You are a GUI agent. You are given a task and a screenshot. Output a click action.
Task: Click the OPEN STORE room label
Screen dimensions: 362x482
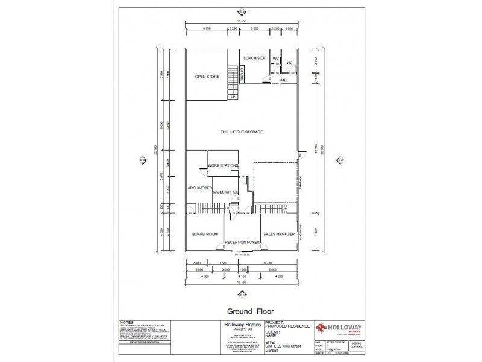[x=207, y=77]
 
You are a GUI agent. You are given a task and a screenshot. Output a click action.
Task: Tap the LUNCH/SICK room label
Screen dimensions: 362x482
[x=254, y=58]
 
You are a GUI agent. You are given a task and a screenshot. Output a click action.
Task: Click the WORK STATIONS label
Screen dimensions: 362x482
[x=222, y=165]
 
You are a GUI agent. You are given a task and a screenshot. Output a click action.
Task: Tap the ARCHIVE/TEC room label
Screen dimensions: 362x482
[x=199, y=189]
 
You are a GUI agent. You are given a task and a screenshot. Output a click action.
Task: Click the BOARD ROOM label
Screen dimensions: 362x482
[x=205, y=233]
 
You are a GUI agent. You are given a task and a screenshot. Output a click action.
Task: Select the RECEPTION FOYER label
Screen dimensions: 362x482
[x=242, y=242]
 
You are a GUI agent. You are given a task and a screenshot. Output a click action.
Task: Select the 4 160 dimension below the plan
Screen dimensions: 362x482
[x=242, y=276]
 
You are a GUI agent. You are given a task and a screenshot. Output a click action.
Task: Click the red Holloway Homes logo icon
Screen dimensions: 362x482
[x=324, y=328]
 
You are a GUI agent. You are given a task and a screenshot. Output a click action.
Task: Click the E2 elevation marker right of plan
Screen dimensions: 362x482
[x=340, y=160]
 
